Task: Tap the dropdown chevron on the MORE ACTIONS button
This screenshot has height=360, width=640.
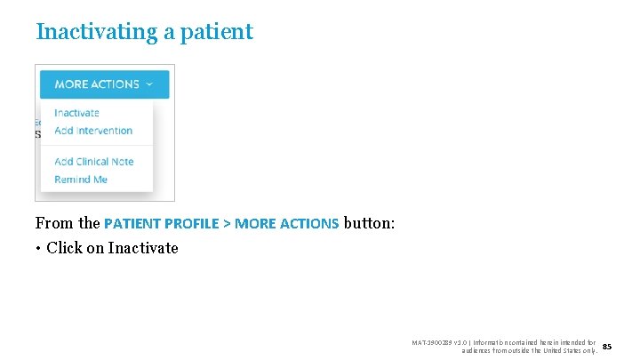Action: (149, 84)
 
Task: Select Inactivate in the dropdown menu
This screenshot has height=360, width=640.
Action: (76, 113)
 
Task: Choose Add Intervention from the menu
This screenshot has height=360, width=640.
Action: (93, 131)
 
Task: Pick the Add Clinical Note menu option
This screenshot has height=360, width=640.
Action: (94, 162)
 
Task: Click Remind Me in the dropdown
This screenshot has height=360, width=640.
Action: (81, 180)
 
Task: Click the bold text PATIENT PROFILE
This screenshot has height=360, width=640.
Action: (161, 223)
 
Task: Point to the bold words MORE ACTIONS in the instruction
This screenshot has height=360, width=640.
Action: (286, 223)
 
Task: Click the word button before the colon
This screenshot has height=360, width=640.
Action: (368, 223)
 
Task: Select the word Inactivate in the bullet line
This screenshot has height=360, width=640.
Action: (143, 248)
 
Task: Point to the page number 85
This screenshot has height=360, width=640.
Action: (607, 346)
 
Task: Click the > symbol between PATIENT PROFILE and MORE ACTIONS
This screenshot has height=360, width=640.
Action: (227, 223)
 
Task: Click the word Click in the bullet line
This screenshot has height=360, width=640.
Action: (64, 248)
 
